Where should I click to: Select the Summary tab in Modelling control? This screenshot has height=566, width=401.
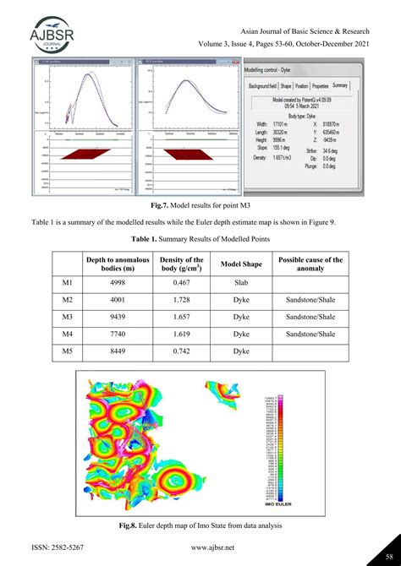[340, 85]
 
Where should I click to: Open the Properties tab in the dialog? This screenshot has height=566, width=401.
[320, 85]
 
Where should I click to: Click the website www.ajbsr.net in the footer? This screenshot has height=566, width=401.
[200, 547]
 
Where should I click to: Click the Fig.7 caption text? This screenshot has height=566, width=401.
[200, 204]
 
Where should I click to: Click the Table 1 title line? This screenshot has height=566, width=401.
[200, 238]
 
